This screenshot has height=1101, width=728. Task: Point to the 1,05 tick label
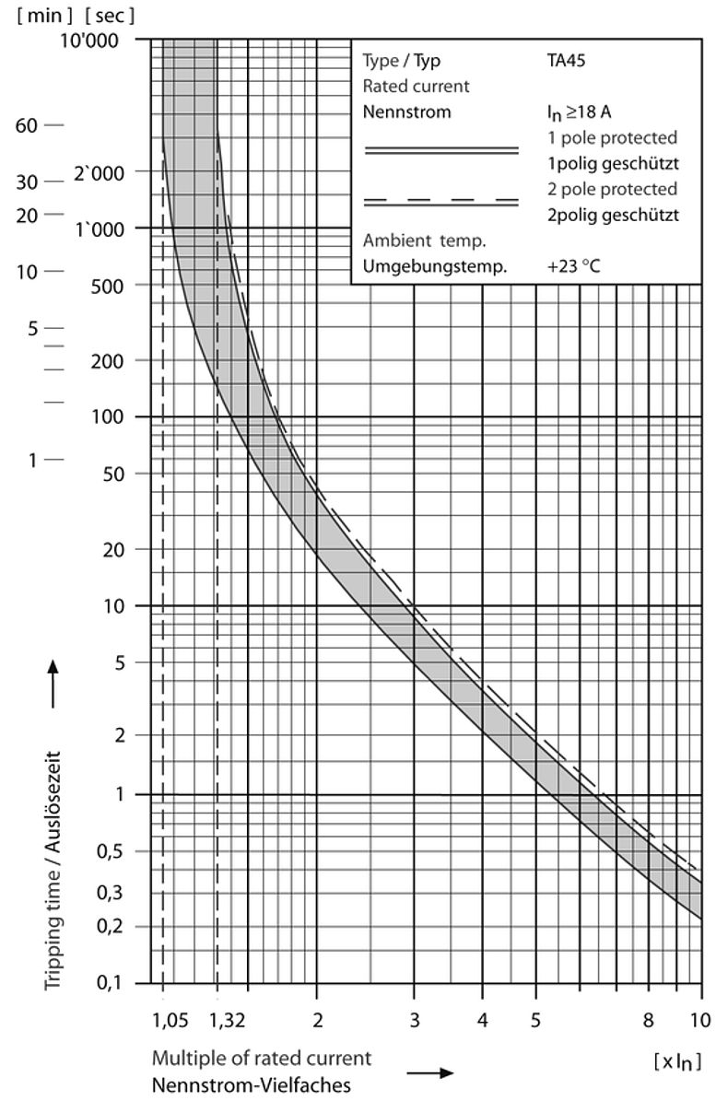170,1018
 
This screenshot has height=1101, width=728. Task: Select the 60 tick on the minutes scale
27,125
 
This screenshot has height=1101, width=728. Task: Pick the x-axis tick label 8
648,1018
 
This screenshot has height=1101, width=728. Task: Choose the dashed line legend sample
442,201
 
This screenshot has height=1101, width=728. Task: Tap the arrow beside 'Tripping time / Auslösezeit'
53,682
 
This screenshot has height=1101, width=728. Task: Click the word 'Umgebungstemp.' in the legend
435,267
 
